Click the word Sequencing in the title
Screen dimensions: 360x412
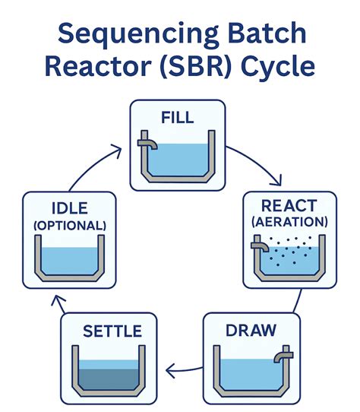tap(138, 34)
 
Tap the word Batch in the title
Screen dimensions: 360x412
tap(267, 33)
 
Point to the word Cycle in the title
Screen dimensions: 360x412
tap(278, 68)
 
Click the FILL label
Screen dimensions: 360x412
tap(178, 118)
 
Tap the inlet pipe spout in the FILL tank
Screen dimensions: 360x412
tap(147, 144)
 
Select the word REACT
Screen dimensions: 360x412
tap(289, 206)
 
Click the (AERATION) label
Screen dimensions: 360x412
tap(289, 222)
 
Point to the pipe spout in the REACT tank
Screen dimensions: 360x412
tap(260, 247)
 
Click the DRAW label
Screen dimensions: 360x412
tap(251, 330)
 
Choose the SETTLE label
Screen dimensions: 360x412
tap(112, 331)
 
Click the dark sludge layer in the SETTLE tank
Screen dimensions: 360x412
tap(109, 379)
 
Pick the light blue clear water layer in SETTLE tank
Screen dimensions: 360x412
tap(109, 364)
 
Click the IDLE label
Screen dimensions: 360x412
tap(70, 208)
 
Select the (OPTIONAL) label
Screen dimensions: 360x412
tap(70, 226)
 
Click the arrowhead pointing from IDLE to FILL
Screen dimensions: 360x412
tap(117, 151)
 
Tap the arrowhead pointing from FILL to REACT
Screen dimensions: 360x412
tap(276, 181)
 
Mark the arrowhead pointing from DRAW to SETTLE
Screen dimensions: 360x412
tap(171, 371)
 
